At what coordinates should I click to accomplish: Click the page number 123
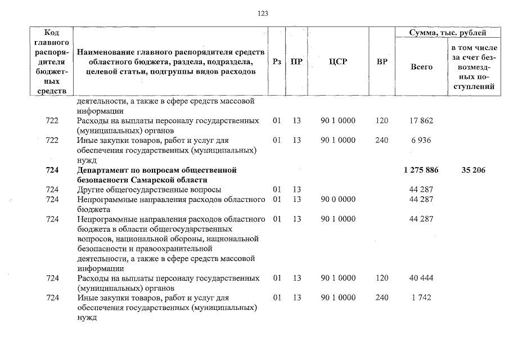262,13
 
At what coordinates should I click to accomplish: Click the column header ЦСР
337,62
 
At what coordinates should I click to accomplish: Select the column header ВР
381,62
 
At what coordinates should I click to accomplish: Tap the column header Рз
277,62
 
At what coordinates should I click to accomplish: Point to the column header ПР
296,62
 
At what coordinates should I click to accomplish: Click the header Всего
421,67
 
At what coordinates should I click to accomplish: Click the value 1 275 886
421,170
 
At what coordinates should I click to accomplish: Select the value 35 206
473,170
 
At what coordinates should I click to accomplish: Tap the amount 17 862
421,120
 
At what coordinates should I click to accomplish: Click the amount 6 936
421,140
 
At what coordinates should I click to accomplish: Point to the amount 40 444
421,278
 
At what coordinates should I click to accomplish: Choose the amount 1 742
421,298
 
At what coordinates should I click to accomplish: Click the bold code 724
52,170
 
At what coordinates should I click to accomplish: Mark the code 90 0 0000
337,199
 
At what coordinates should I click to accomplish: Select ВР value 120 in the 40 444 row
381,278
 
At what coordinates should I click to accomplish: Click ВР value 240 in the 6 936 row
381,140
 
